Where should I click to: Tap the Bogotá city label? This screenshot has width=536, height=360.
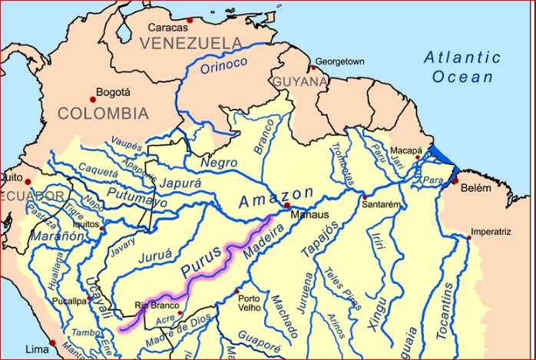click(x=114, y=91)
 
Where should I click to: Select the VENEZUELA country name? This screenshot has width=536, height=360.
click(x=191, y=44)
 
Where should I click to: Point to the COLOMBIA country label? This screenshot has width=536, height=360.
click(x=103, y=114)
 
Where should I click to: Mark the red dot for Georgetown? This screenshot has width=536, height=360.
click(x=313, y=68)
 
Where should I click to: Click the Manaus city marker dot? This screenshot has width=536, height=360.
click(x=286, y=206)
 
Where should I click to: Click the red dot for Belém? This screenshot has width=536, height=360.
click(x=455, y=181)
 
